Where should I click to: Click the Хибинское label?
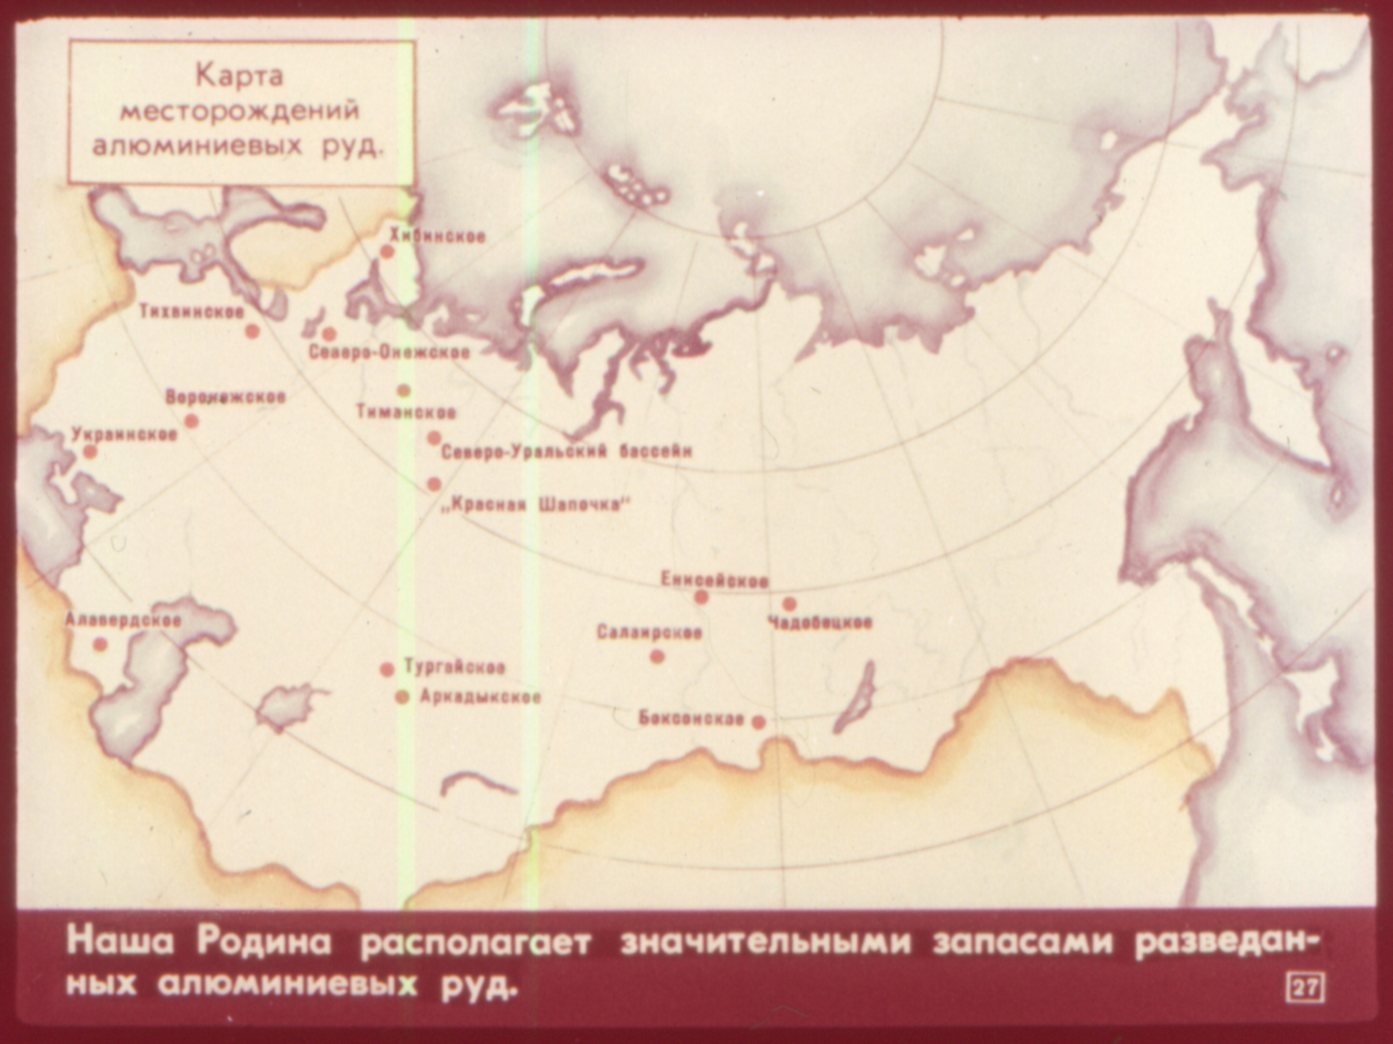tap(437, 237)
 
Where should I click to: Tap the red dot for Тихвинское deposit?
tap(252, 332)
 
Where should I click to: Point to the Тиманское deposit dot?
tap(404, 390)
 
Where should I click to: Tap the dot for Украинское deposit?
tap(90, 452)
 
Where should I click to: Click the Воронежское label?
tap(225, 398)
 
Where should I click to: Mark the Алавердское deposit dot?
tap(99, 644)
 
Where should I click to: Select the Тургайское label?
tap(454, 667)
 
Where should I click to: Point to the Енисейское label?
tap(715, 580)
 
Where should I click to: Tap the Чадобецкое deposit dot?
tap(788, 604)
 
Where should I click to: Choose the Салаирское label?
tap(649, 632)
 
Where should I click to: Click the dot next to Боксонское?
tap(759, 722)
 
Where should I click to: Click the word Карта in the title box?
tap(239, 76)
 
